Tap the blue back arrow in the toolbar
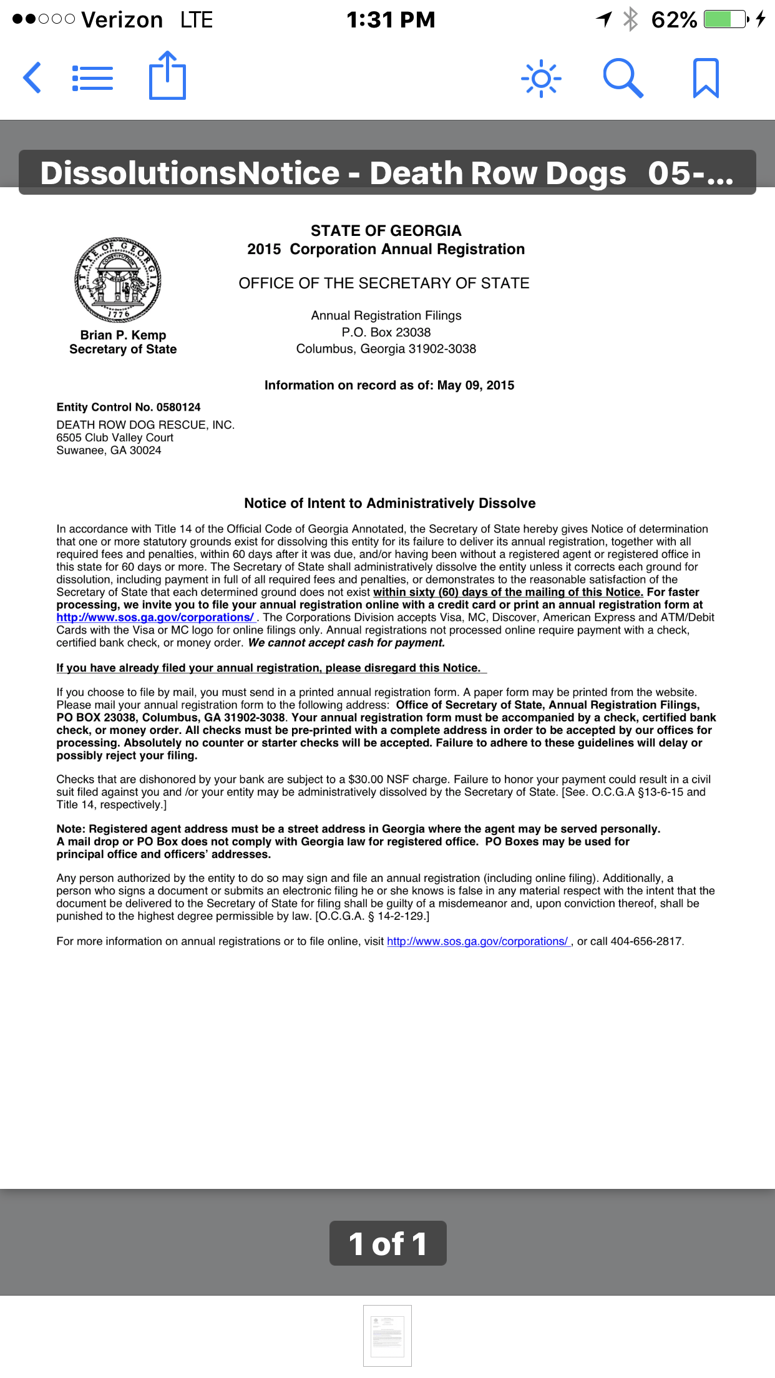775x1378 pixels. coord(32,78)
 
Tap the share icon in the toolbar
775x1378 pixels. coord(167,76)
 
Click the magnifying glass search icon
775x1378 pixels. coord(623,78)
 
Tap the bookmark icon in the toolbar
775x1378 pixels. coord(706,78)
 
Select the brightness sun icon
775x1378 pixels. coord(541,79)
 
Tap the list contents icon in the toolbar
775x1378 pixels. coord(92,79)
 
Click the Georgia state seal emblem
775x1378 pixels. coord(118,280)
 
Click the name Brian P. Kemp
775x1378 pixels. coord(123,335)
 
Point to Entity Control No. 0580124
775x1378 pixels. coord(129,407)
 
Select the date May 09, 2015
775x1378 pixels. coord(475,385)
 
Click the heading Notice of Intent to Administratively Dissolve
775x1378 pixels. coord(389,503)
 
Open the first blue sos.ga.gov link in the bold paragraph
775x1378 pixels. coord(155,617)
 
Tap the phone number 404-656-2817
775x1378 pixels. coord(646,941)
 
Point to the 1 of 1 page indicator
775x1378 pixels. coord(387,1243)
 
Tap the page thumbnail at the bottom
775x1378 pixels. coord(387,1336)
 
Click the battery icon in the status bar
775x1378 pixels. coord(725,19)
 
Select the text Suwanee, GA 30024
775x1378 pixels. coord(109,451)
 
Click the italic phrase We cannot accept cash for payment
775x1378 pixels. coord(346,643)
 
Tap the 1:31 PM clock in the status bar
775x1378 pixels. coord(391,20)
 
